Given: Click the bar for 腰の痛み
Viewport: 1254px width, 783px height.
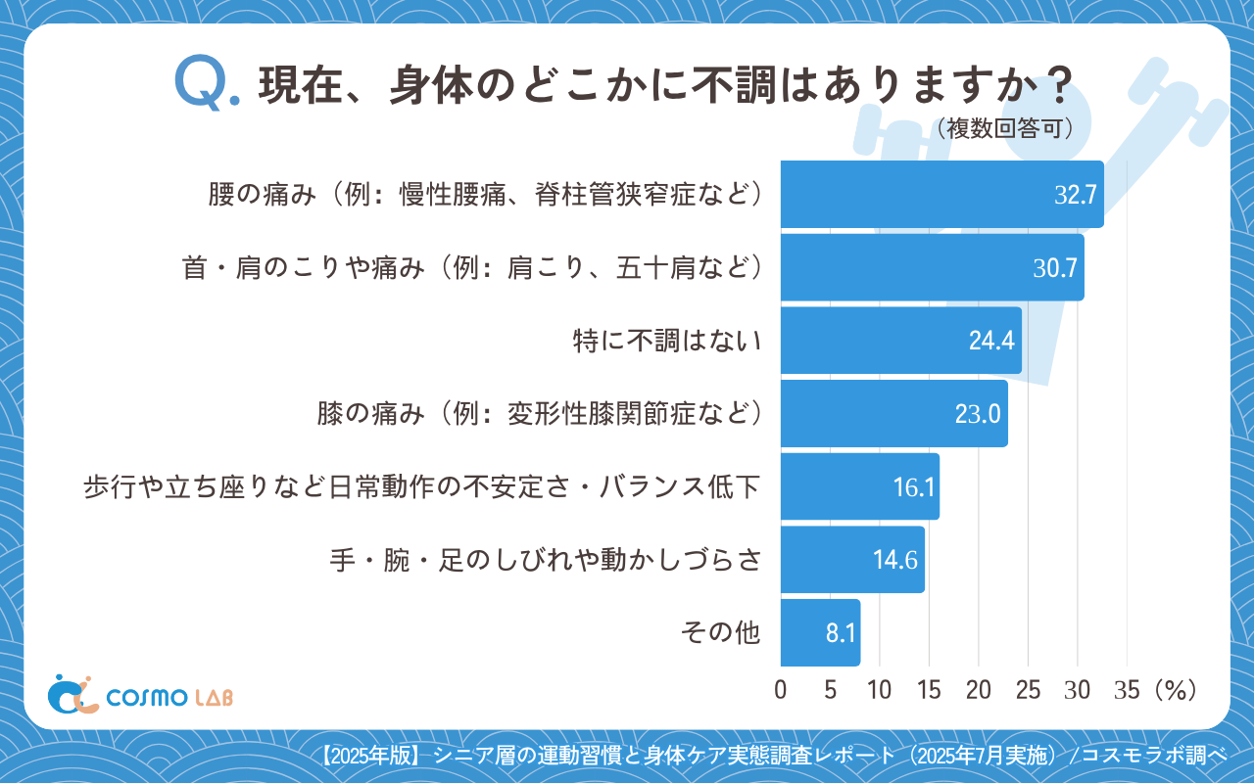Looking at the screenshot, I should point(940,195).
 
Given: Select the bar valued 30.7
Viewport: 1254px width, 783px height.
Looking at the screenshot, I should point(931,267).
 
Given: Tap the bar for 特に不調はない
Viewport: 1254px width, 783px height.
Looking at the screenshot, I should point(900,341).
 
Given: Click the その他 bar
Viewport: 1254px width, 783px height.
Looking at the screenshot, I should point(820,632).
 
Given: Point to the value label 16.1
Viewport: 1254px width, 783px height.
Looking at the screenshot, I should point(913,487).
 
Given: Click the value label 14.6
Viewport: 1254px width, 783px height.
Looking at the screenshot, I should point(894,560).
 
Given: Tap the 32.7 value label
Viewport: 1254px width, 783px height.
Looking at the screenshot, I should point(1074,195).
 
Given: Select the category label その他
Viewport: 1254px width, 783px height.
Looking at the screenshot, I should point(720,632).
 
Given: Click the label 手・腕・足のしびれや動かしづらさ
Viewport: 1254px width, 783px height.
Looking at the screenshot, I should point(545,560).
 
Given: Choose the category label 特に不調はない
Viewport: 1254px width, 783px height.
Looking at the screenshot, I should point(666,341).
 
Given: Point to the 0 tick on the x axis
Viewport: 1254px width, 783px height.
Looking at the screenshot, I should point(781,690).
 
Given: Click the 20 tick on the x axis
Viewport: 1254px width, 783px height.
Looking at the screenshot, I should point(979,690).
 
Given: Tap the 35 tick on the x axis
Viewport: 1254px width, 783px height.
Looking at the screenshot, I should point(1127,690).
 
